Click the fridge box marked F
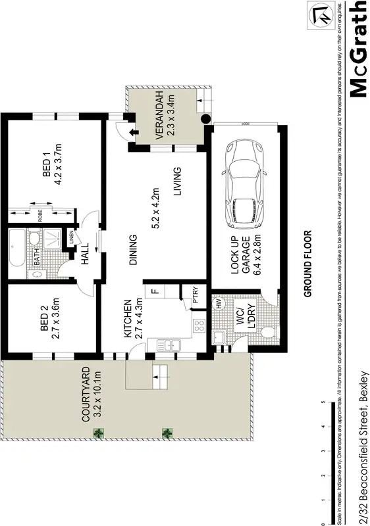[155, 290]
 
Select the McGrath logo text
[357, 49]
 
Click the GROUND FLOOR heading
[307, 263]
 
